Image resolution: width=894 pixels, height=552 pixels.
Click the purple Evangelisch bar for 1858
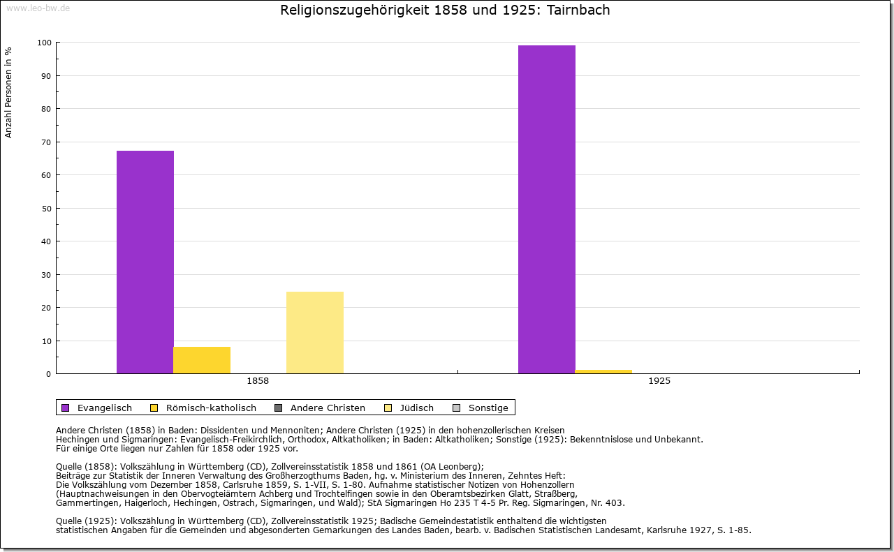145,262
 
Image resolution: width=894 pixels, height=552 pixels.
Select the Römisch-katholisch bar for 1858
202,360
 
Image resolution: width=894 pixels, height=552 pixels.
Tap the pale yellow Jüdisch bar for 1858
315,332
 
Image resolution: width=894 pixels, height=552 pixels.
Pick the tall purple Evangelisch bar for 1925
547,209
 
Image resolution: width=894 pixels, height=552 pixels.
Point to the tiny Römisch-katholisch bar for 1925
603,371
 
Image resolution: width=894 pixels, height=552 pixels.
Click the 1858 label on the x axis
258,382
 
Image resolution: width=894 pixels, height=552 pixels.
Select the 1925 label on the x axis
659,382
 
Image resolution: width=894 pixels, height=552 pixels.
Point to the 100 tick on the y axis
44,43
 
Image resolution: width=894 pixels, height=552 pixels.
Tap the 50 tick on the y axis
46,208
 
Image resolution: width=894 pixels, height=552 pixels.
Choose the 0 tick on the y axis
48,374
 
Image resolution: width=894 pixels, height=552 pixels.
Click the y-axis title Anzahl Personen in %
9,92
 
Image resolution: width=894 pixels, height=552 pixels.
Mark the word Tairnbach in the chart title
579,10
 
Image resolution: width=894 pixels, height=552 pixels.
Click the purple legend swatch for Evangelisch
66,408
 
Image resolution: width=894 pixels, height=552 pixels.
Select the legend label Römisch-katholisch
211,408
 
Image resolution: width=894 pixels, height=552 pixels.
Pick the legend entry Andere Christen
328,408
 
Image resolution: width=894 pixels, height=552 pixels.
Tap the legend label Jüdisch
417,408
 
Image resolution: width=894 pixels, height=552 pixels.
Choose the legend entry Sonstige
488,408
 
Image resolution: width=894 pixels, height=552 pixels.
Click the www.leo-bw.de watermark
38,7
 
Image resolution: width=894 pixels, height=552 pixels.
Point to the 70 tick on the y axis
46,142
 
